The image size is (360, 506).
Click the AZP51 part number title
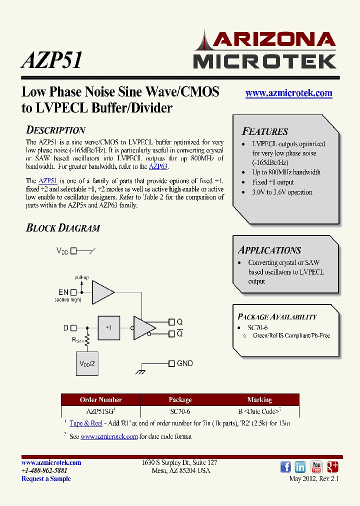(51, 59)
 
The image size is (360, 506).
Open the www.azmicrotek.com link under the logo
(288, 93)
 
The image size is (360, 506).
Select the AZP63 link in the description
(158, 166)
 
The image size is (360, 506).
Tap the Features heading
(265, 131)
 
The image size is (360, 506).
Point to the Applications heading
(269, 250)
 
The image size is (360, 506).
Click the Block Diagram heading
(63, 228)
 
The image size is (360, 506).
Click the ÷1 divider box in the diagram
(108, 327)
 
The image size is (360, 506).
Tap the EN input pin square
(73, 292)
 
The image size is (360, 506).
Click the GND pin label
(184, 363)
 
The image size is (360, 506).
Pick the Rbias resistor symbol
(87, 341)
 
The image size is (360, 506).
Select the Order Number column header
(100, 399)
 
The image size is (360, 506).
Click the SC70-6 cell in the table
(180, 411)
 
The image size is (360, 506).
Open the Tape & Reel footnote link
(86, 423)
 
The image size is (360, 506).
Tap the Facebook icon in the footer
(285, 467)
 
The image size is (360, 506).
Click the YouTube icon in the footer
(316, 467)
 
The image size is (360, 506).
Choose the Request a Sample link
(46, 478)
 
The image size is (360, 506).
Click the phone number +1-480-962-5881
(44, 470)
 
